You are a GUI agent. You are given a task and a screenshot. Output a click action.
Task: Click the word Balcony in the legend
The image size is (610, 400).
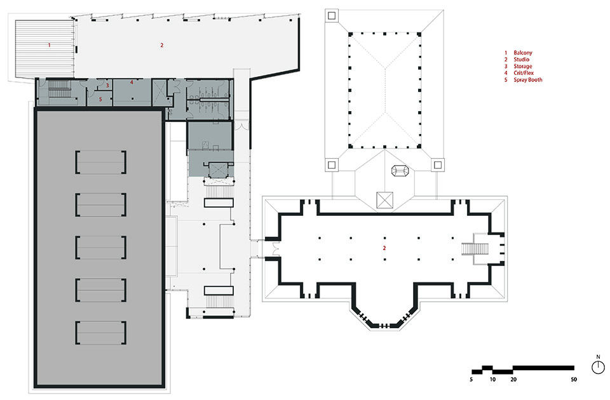524,52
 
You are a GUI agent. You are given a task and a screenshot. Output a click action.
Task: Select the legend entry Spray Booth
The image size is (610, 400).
528,80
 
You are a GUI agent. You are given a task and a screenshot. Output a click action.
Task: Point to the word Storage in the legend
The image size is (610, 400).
523,66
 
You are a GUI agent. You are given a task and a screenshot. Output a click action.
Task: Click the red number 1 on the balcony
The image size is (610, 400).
49,45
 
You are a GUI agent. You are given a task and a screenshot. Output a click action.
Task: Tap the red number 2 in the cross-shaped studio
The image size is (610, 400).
384,248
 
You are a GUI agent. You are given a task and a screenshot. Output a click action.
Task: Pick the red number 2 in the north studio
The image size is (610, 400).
161,45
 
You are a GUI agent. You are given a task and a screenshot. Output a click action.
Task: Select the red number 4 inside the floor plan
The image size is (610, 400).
132,83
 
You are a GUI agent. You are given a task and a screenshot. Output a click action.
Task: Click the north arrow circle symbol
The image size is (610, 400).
598,367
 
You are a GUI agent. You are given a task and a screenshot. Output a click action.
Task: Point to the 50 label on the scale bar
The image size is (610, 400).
574,380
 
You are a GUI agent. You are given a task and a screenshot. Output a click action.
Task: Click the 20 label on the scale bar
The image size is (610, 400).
513,380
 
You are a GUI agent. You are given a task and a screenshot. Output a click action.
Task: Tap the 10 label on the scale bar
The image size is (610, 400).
492,380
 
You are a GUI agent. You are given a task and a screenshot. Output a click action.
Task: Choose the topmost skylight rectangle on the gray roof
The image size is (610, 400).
100,162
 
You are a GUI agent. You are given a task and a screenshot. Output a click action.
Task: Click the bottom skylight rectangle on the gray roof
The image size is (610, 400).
100,333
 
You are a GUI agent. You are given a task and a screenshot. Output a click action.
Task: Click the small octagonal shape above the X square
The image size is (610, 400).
400,172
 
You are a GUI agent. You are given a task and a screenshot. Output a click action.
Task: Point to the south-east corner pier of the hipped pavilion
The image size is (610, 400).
438,164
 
